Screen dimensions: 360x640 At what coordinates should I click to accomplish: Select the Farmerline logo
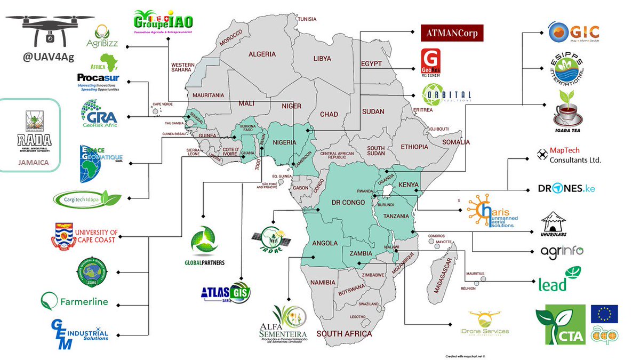click(x=74, y=301)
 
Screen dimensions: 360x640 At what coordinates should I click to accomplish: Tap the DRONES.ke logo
click(x=566, y=189)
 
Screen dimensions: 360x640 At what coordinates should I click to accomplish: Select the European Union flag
click(x=604, y=314)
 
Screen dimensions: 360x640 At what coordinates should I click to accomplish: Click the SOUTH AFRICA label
click(x=344, y=333)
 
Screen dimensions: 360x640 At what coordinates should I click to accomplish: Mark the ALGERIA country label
click(x=262, y=54)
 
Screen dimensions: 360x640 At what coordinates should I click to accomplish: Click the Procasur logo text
click(x=98, y=78)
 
